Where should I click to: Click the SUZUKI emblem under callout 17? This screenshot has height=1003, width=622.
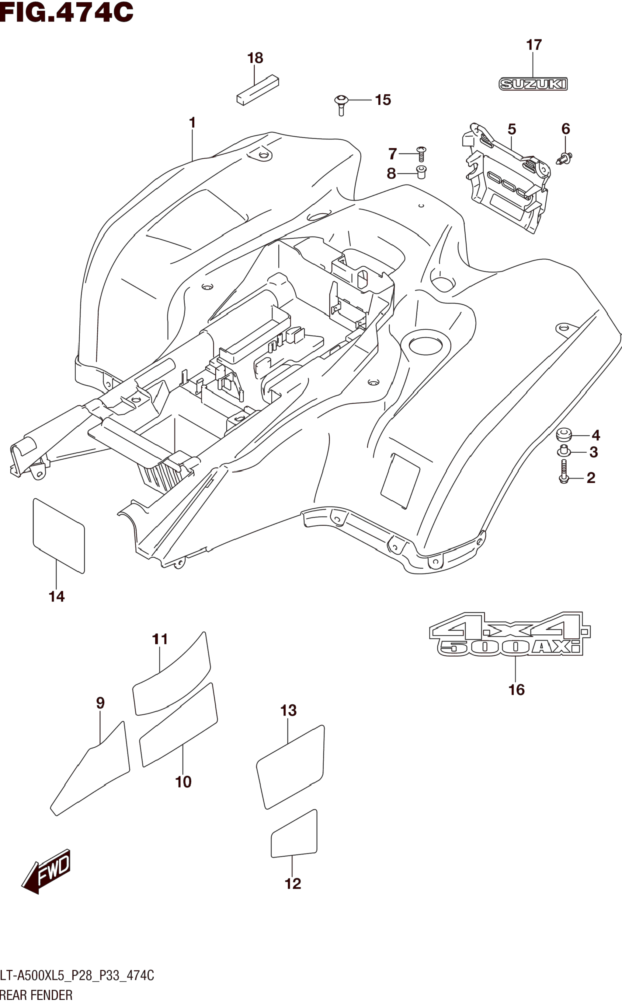click(533, 84)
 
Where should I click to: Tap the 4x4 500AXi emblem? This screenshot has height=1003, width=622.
click(510, 634)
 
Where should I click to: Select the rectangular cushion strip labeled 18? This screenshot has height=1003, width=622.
click(258, 90)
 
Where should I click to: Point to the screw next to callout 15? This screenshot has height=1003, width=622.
click(341, 105)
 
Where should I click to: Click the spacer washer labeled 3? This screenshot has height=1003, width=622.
click(564, 451)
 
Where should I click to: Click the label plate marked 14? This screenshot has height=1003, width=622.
click(59, 535)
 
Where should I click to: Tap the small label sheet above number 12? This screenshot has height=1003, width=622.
click(294, 834)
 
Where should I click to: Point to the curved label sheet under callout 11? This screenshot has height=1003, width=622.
click(172, 674)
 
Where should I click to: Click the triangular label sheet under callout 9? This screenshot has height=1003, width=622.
click(90, 768)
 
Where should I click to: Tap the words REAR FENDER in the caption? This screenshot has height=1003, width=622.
click(36, 995)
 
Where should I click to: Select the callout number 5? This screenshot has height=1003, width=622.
click(512, 129)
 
